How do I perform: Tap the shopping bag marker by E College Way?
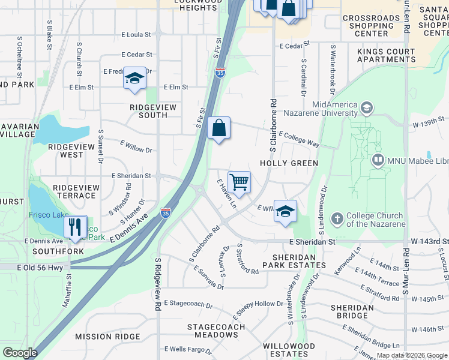click(x=219, y=128)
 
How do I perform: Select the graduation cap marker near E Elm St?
click(x=134, y=79)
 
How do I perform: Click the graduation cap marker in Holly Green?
click(x=285, y=211)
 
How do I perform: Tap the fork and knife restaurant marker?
click(x=75, y=227)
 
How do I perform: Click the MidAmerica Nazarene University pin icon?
click(x=366, y=109)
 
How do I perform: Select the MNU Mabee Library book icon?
click(x=378, y=160)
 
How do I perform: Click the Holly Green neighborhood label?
click(x=288, y=163)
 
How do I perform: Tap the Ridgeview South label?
click(x=154, y=111)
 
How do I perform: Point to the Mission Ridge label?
click(x=107, y=337)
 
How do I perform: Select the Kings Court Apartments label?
click(x=386, y=56)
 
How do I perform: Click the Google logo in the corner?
click(x=20, y=353)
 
